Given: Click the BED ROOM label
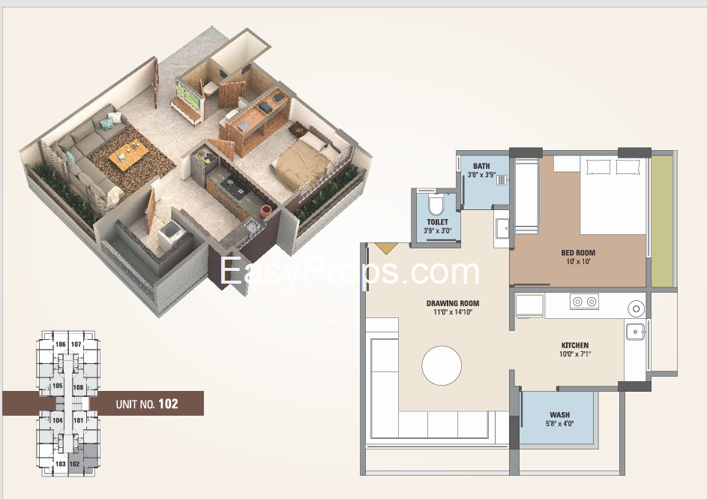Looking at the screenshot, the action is point(577,253).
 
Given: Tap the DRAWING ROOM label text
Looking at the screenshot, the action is point(453,303).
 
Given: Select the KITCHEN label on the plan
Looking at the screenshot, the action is point(575,345).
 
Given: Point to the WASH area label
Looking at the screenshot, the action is point(559,415).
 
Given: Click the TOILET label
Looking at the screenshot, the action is point(437,222).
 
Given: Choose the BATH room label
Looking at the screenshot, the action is point(481,166).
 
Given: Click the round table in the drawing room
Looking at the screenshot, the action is point(442,365).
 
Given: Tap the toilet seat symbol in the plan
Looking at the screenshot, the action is point(436,206).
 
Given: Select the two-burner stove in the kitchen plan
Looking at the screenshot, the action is point(584,302).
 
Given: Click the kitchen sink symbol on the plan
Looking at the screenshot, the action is point(635,332).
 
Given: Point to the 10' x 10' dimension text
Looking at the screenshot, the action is point(577,262).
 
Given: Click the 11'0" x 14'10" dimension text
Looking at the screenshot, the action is point(453,311).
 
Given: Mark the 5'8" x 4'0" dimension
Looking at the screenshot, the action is point(559,424).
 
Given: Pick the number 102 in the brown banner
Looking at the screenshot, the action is point(168,404).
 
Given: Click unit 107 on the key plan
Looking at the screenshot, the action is point(76,344).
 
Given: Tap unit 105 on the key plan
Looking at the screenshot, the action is point(57,386).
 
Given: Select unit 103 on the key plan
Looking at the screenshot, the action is point(61,464).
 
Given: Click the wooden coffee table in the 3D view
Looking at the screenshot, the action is point(130,153).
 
